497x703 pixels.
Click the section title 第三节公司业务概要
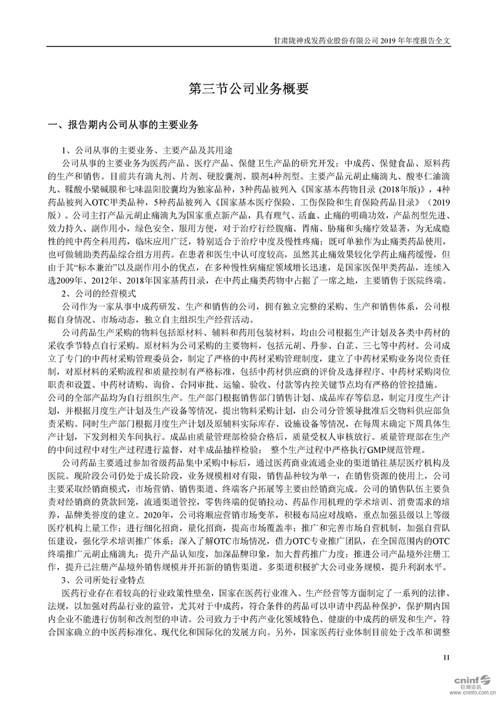pos(249,88)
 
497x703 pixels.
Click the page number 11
pos(446,658)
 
